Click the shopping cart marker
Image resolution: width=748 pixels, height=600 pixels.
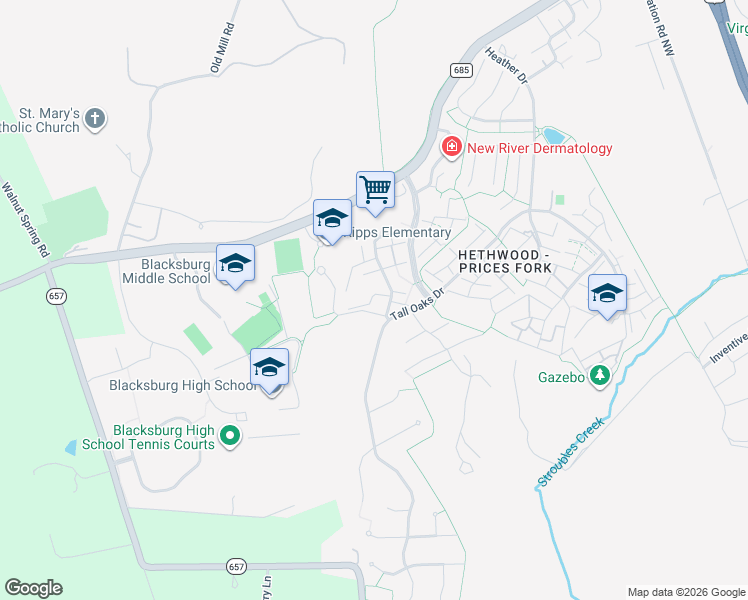point(375,188)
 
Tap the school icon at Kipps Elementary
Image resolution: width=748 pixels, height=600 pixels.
point(332,218)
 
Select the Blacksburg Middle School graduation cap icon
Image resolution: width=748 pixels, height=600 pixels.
point(235,263)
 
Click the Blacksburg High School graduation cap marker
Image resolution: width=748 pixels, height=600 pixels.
point(269,367)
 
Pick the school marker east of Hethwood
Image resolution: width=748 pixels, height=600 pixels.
point(607,292)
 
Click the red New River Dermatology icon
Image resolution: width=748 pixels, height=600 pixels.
point(452,148)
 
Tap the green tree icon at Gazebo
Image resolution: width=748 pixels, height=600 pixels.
point(599,376)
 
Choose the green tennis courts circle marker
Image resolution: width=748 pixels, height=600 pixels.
point(230,435)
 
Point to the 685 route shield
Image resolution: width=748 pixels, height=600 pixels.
point(460,69)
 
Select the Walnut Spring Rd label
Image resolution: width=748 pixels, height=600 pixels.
point(25,221)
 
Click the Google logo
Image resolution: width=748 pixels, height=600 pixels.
point(33,588)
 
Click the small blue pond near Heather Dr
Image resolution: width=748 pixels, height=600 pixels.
point(552,135)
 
